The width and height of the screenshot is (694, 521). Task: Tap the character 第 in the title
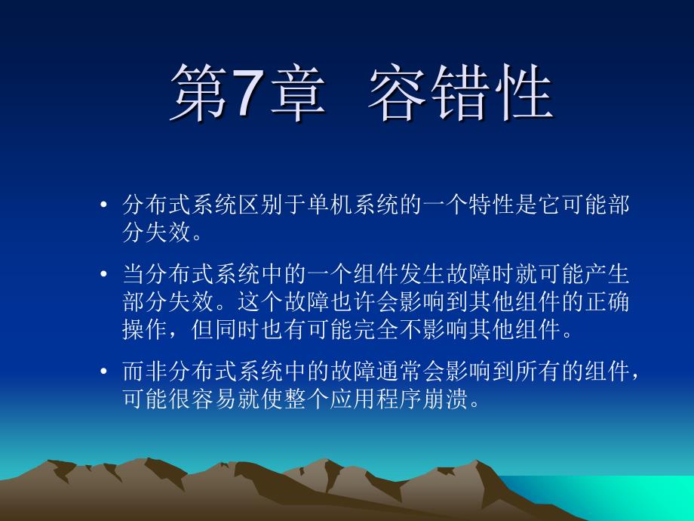pyautogui.click(x=198, y=92)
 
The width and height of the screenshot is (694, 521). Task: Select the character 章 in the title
pyautogui.click(x=298, y=92)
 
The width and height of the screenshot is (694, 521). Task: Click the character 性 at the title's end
pyautogui.click(x=524, y=92)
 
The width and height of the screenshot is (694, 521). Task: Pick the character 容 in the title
pyautogui.click(x=397, y=92)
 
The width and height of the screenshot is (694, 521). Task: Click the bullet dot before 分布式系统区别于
pyautogui.click(x=103, y=205)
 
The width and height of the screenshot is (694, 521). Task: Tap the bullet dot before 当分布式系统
pyautogui.click(x=103, y=274)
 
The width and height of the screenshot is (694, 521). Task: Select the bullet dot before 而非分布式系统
pyautogui.click(x=103, y=371)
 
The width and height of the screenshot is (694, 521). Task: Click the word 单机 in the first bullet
pyautogui.click(x=330, y=205)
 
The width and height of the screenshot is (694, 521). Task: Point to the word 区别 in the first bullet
pyautogui.click(x=261, y=205)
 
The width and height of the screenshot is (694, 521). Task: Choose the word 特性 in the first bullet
pyautogui.click(x=491, y=205)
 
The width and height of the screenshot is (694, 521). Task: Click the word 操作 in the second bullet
pyautogui.click(x=145, y=329)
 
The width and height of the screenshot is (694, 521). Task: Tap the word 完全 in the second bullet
pyautogui.click(x=376, y=329)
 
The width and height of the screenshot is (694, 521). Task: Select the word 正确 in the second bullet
pyautogui.click(x=606, y=302)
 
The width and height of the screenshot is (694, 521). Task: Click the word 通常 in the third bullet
pyautogui.click(x=399, y=371)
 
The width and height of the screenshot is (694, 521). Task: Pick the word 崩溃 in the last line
pyautogui.click(x=445, y=399)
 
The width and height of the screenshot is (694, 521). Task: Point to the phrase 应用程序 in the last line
pyautogui.click(x=376, y=399)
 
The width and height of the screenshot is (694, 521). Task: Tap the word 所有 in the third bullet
pyautogui.click(x=537, y=371)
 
